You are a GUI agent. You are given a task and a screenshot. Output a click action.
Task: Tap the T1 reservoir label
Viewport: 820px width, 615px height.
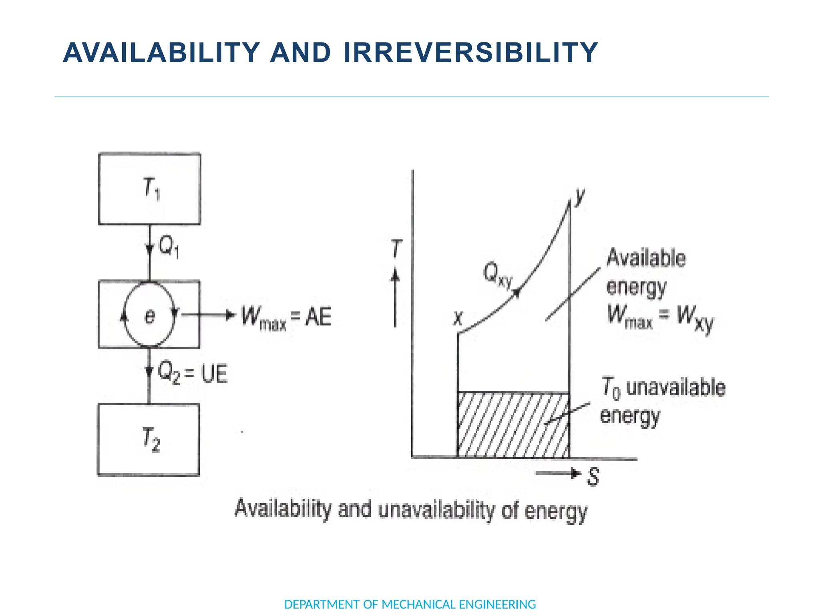pyautogui.click(x=151, y=189)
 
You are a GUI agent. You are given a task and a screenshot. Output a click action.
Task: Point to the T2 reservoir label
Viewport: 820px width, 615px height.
pyautogui.click(x=151, y=439)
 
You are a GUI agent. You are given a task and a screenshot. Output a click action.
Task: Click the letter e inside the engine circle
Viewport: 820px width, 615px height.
pyautogui.click(x=149, y=316)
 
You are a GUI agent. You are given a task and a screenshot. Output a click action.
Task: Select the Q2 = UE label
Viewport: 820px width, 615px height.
pyautogui.click(x=193, y=373)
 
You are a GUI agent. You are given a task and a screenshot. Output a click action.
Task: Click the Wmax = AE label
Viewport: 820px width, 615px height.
pyautogui.click(x=286, y=317)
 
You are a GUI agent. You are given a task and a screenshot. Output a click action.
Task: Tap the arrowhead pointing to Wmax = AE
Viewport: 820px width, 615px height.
pyautogui.click(x=230, y=316)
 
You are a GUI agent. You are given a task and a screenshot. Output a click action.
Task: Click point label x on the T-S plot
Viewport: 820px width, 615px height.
pyautogui.click(x=458, y=318)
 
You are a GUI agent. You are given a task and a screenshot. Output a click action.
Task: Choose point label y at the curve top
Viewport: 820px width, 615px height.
pyautogui.click(x=579, y=196)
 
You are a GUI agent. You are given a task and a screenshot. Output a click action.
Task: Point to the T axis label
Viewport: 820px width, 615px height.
pyautogui.click(x=396, y=249)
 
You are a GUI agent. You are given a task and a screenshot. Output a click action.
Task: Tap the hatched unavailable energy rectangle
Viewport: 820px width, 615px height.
pyautogui.click(x=513, y=425)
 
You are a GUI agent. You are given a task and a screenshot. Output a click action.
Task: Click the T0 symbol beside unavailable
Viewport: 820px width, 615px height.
pyautogui.click(x=611, y=388)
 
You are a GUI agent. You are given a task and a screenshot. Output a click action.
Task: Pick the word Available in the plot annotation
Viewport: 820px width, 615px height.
pyautogui.click(x=646, y=258)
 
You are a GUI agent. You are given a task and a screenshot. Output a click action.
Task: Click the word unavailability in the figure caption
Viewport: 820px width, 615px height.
pyautogui.click(x=436, y=510)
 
